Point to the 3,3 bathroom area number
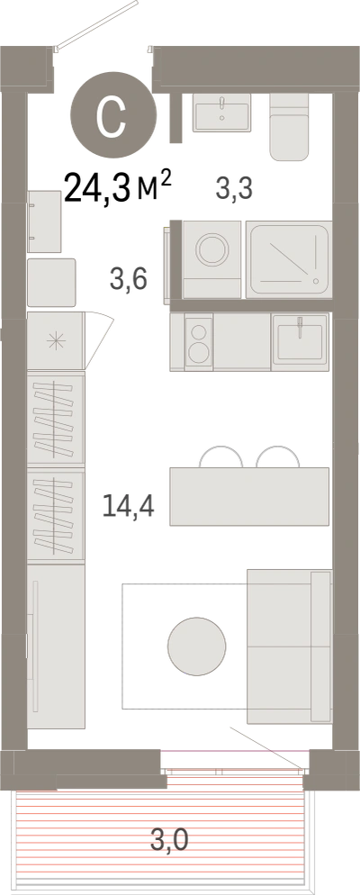234,188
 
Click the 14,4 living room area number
129,505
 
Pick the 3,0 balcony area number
169,840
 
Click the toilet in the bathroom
290,127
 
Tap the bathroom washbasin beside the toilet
221,113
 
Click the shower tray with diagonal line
289,259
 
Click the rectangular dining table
249,497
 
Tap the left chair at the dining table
220,457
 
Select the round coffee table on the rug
197,646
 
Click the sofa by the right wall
289,646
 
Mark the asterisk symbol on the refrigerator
56,341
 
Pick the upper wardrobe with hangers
56,418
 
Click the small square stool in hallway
51,283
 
